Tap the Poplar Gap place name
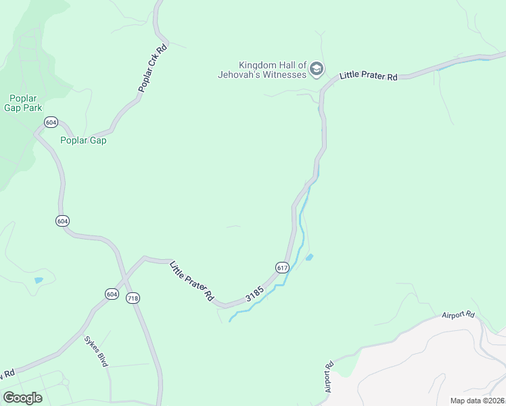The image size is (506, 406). (83, 141)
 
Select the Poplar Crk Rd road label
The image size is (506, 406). (152, 68)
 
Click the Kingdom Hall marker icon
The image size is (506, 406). (316, 68)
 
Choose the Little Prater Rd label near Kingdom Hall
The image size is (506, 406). (368, 76)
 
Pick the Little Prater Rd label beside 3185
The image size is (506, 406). (191, 281)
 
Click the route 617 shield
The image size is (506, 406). (283, 268)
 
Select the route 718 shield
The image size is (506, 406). (133, 298)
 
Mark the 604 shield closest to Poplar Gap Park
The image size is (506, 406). (51, 122)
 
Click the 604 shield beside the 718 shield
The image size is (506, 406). (112, 294)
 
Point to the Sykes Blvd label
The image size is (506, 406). (96, 351)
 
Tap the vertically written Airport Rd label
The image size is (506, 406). (329, 377)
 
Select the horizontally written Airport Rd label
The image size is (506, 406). (458, 315)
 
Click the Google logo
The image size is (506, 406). (22, 398)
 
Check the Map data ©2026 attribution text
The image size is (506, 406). (477, 401)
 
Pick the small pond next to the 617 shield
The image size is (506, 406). (310, 257)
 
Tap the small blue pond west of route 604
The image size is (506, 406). (39, 279)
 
